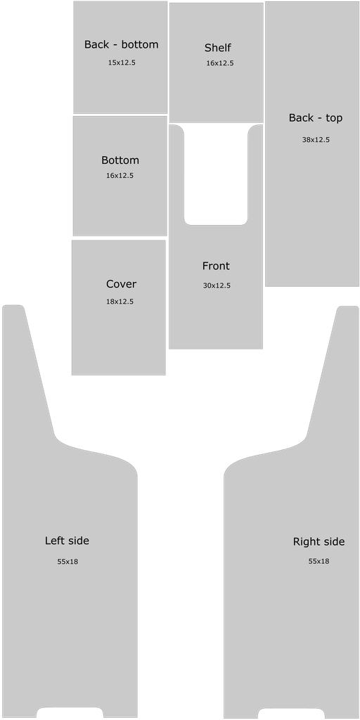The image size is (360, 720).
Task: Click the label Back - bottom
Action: tap(121, 44)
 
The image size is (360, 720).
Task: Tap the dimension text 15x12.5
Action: tap(122, 63)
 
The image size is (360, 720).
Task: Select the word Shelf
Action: tap(218, 48)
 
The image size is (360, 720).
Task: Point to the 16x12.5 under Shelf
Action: tap(219, 63)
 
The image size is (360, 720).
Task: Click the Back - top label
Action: tap(316, 118)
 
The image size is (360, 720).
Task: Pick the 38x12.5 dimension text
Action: tap(316, 140)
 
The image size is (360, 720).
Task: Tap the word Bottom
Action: tap(120, 160)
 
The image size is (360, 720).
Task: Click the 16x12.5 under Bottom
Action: tap(120, 175)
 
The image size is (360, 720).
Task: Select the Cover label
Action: tap(121, 284)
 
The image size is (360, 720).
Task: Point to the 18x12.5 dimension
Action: tap(120, 302)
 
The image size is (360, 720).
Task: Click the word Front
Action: tap(216, 266)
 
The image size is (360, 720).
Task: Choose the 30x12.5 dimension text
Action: tap(217, 285)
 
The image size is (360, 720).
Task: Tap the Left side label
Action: tap(67, 541)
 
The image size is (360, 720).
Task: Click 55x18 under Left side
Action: tap(67, 562)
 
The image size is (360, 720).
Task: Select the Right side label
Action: tap(319, 542)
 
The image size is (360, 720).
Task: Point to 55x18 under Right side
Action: tap(319, 561)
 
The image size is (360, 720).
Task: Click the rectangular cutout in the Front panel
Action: tap(216, 175)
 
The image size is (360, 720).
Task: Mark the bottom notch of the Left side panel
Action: tap(70, 712)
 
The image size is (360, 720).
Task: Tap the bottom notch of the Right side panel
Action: tap(291, 713)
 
